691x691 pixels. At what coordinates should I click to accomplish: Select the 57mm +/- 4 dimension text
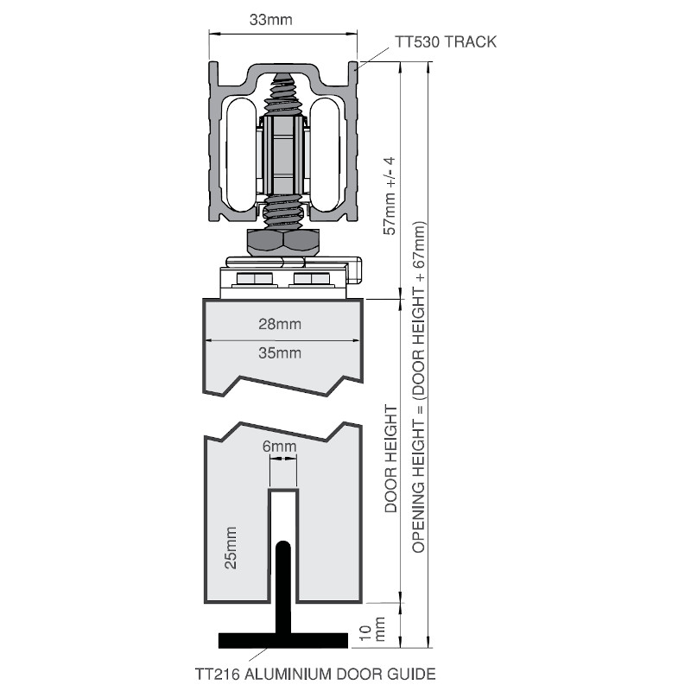(x=390, y=195)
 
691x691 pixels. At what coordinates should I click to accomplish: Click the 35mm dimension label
(x=279, y=352)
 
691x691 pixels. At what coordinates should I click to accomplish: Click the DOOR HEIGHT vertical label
(x=390, y=460)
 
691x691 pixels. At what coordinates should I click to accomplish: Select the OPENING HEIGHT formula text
(x=419, y=389)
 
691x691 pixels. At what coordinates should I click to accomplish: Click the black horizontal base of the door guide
(x=282, y=640)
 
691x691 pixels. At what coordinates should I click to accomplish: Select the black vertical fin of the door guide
(x=282, y=586)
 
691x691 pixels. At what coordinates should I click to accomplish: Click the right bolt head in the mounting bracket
(x=310, y=280)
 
